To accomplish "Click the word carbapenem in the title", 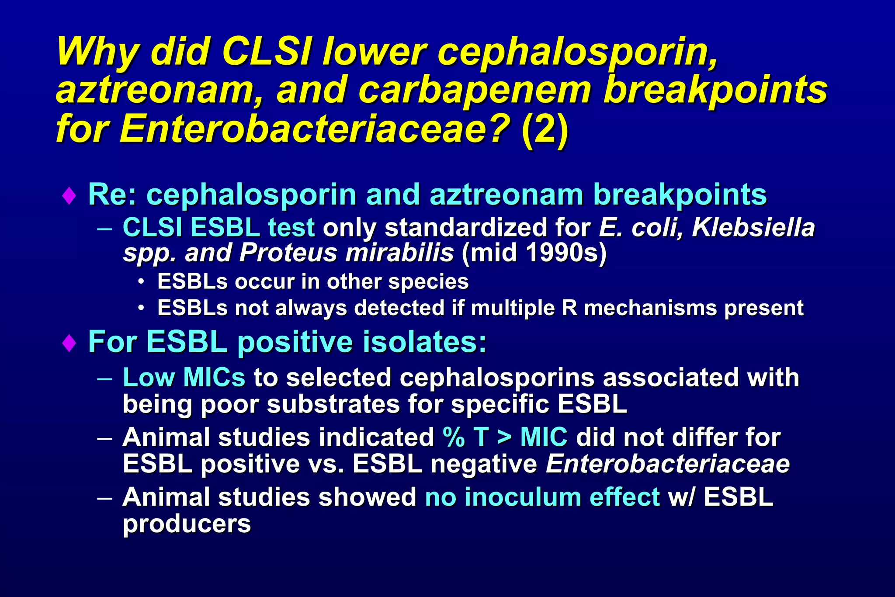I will point(474,90).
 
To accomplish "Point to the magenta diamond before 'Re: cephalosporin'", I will point(69,196).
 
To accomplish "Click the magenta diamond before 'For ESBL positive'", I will point(69,343).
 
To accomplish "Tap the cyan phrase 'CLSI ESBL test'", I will point(218,228).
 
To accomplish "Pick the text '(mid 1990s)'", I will point(534,253).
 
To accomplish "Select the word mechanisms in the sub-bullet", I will point(650,308).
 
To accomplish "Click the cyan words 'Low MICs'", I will point(184,377).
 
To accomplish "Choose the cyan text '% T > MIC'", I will point(505,437).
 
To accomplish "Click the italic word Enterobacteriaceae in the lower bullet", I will point(667,464).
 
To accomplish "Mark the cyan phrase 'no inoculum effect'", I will point(542,497).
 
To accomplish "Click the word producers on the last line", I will point(187,524).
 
